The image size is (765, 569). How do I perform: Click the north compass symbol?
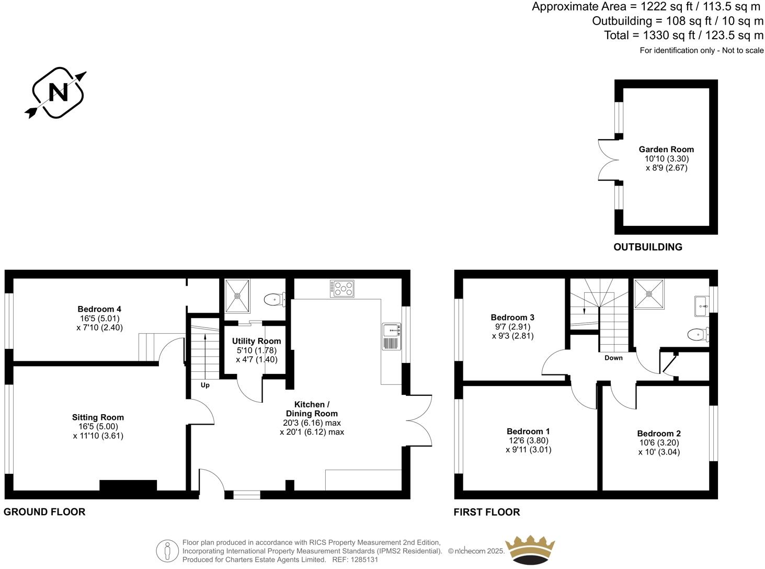coord(58,93)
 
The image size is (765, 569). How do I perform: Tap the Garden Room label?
coord(666,149)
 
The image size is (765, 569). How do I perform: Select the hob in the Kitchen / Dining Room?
coord(342,289)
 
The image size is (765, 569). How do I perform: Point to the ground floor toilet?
coord(274,300)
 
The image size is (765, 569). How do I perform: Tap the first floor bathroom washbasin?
coord(701,306)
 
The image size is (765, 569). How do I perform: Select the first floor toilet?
coord(698,334)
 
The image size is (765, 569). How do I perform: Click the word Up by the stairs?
coord(205,385)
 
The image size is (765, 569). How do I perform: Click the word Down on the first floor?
coord(613,358)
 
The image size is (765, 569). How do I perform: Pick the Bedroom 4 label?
coord(99,309)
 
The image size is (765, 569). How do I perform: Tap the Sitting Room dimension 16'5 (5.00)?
coord(98,426)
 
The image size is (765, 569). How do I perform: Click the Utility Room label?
coord(256,341)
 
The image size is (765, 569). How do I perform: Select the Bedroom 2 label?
coord(659,433)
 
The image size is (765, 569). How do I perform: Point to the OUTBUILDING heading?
coord(647,247)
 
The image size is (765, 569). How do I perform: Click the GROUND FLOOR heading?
coord(44,511)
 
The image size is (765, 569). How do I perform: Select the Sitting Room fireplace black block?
coord(128,485)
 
